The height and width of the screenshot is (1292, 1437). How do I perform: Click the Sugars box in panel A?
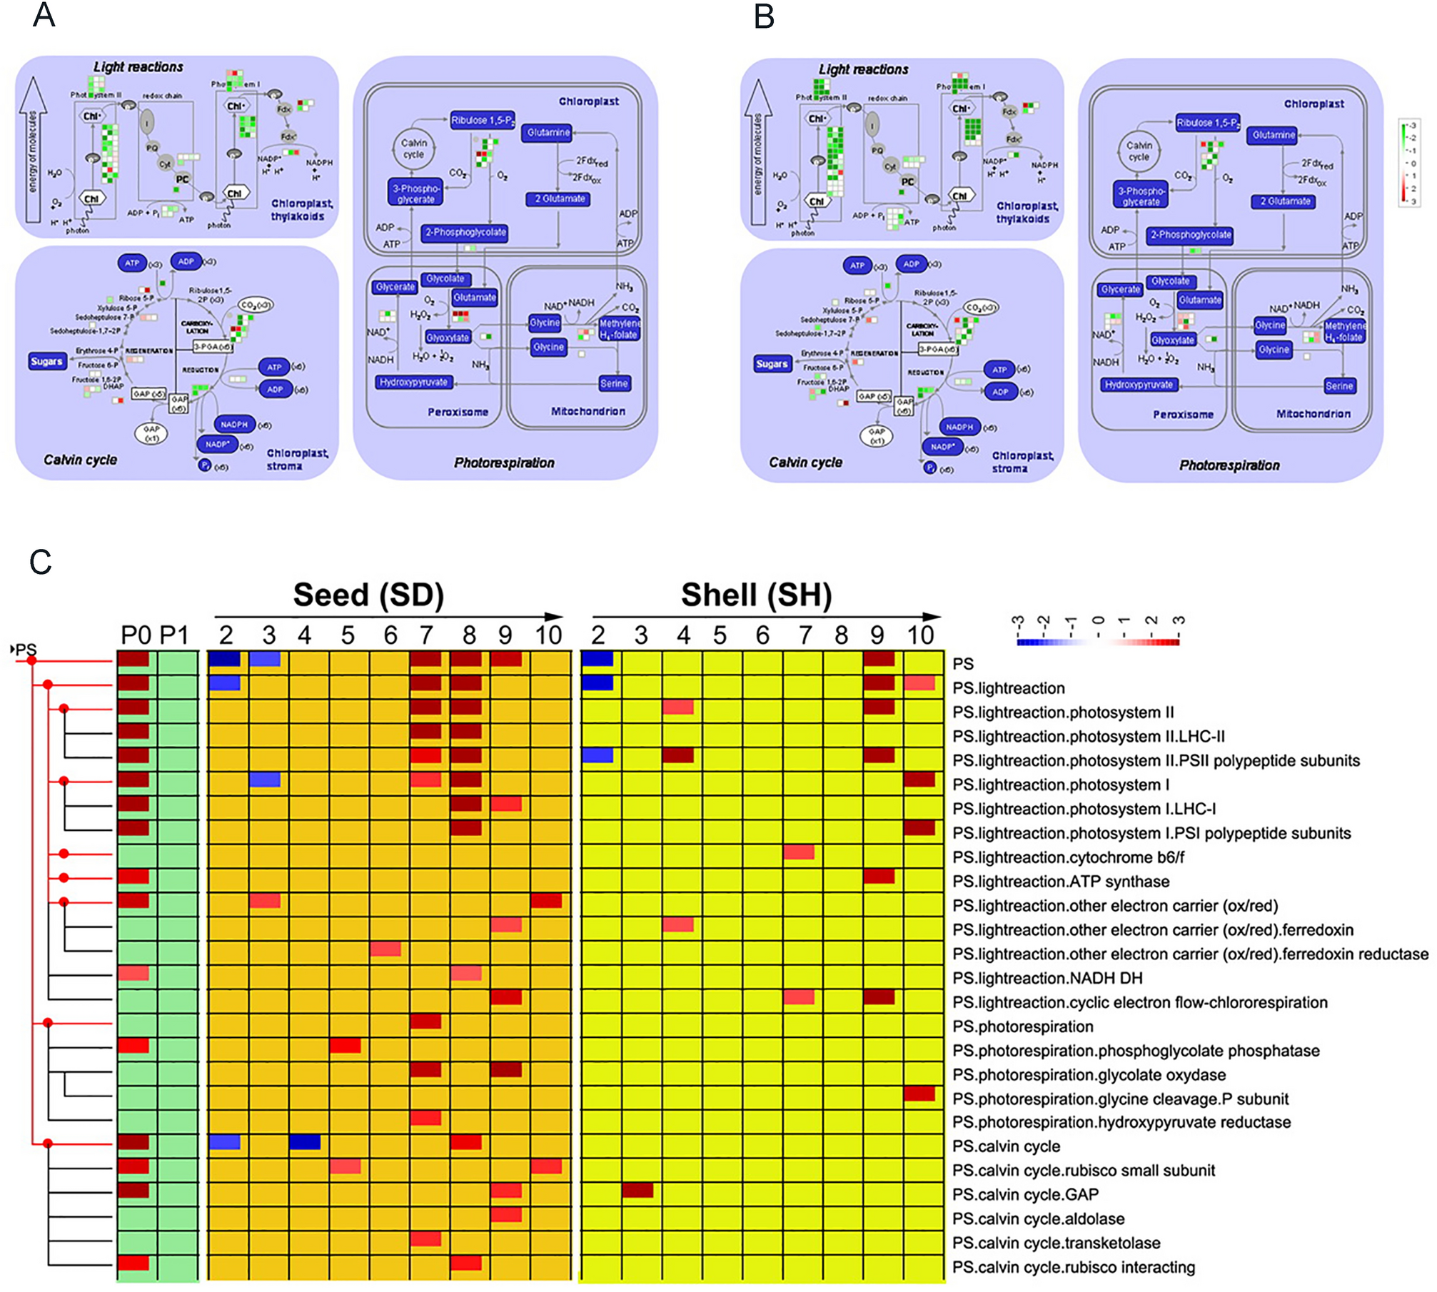pos(46,361)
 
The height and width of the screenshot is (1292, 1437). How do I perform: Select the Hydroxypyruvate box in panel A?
pos(413,383)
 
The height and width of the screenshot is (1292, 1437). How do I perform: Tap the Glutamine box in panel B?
pos(1274,135)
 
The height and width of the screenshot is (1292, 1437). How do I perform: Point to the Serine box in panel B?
pos(1339,386)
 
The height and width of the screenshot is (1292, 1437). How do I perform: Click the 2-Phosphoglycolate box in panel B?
pos(1190,235)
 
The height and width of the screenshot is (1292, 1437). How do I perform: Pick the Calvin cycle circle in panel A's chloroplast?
pos(413,148)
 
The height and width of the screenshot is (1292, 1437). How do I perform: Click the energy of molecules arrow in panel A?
pos(33,150)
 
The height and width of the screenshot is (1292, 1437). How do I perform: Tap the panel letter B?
pos(764,16)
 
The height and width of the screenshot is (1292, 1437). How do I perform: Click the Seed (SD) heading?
pos(368,595)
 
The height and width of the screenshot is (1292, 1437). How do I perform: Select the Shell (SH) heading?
pos(756,595)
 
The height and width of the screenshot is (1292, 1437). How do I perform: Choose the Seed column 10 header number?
pos(548,635)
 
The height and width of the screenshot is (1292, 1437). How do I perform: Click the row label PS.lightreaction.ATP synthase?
pos(1061,882)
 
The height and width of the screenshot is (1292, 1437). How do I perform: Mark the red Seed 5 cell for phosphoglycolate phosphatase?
pos(346,1046)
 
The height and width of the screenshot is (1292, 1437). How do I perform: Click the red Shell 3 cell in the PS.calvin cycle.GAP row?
pos(637,1190)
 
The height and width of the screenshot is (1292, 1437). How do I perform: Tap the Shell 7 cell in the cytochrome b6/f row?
pos(799,852)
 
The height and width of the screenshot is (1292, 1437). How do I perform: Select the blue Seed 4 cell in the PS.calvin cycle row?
pos(305,1142)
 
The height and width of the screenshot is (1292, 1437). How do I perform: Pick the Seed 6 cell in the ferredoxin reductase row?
pos(385,949)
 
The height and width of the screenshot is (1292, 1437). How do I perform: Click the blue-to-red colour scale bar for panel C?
pos(1098,642)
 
